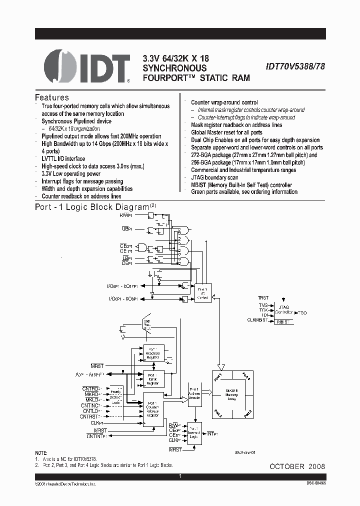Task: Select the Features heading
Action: click(51, 97)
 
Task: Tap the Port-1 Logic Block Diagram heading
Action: click(92, 206)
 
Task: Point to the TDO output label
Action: click(301, 312)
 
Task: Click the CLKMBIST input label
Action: click(259, 320)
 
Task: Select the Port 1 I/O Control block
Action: click(202, 292)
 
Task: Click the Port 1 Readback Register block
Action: click(153, 354)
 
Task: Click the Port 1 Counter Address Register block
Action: click(153, 408)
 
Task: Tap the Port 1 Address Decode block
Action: click(194, 393)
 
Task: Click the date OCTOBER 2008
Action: click(297, 466)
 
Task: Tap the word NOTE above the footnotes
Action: click(42, 452)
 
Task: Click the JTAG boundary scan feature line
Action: click(214, 177)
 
